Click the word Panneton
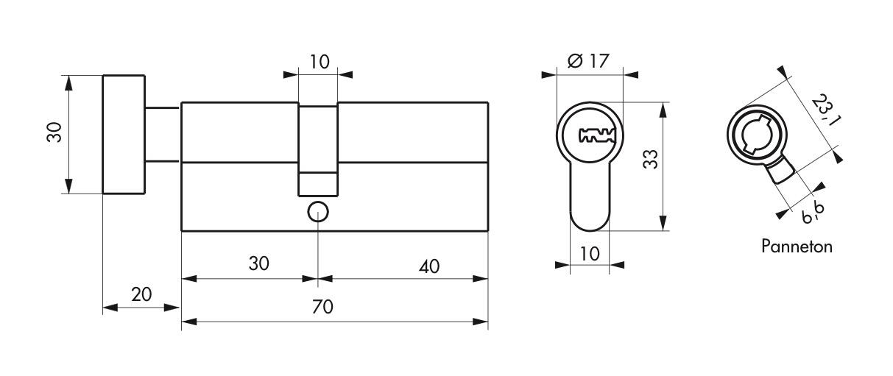[797, 246]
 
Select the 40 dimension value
[428, 266]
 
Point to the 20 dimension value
[141, 294]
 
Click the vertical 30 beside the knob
[54, 133]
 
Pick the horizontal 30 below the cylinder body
[258, 263]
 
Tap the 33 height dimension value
[649, 160]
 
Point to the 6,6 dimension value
[813, 213]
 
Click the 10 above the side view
[319, 61]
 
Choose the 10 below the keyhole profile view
[589, 253]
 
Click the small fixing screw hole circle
[318, 212]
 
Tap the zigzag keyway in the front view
[596, 135]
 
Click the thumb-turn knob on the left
[123, 134]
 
